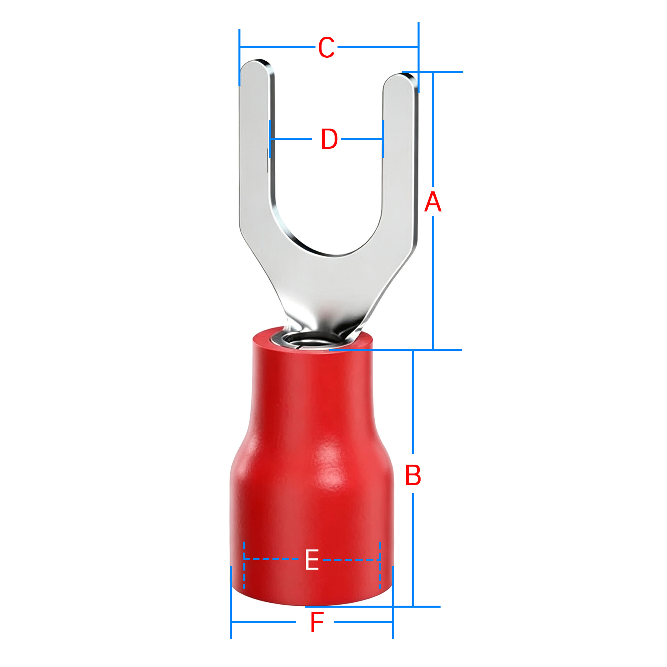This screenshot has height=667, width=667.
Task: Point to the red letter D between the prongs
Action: point(329,139)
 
